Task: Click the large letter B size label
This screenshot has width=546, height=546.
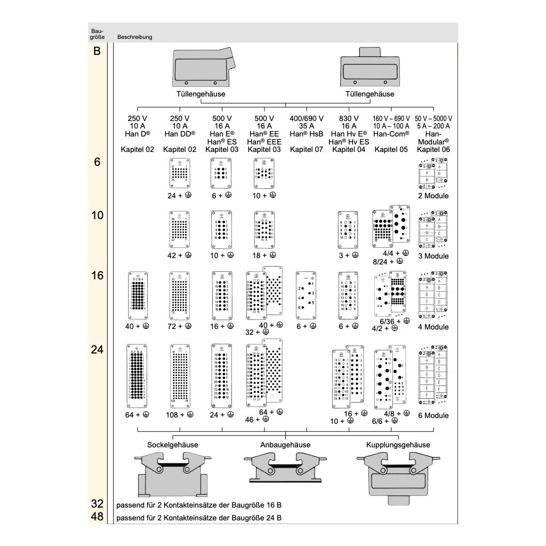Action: [x=97, y=51]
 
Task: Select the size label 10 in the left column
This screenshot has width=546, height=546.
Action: [x=97, y=216]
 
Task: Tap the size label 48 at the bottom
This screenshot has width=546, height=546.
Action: [x=97, y=517]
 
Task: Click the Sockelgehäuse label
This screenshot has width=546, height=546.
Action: [x=172, y=445]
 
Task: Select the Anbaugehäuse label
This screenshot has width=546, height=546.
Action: [x=285, y=445]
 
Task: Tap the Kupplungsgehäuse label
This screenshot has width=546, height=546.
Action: [x=398, y=445]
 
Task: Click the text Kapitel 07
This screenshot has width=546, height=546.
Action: [x=307, y=150]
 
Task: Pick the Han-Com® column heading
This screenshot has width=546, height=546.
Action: [x=391, y=134]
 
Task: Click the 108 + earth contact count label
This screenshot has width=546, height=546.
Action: [x=179, y=415]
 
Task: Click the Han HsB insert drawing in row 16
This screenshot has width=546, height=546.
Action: [x=307, y=296]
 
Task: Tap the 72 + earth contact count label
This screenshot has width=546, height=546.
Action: [x=179, y=326]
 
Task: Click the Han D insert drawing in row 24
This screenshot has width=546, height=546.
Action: [x=137, y=375]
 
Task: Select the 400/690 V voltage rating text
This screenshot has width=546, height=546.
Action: [x=307, y=118]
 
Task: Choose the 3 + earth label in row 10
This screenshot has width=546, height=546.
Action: [x=348, y=255]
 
